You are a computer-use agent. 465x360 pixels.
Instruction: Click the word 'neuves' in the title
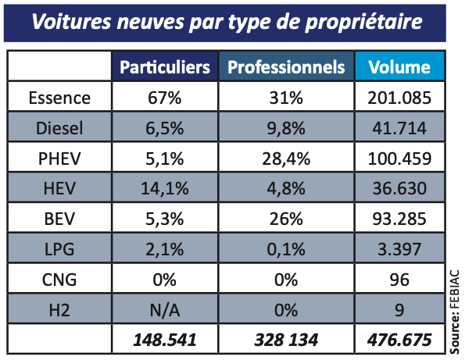pyautogui.click(x=150, y=22)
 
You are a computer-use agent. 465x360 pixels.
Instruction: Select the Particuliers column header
pyautogui.click(x=165, y=67)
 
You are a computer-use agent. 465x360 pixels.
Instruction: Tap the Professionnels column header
pyautogui.click(x=286, y=67)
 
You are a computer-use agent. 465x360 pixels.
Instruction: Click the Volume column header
pyautogui.click(x=399, y=67)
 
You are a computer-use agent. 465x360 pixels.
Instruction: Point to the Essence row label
pyautogui.click(x=59, y=98)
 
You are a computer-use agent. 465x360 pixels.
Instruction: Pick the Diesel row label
pyautogui.click(x=59, y=128)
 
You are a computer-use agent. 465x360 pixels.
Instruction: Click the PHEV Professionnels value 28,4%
pyautogui.click(x=286, y=159)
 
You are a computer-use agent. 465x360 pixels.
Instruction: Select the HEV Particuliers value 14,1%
pyautogui.click(x=165, y=188)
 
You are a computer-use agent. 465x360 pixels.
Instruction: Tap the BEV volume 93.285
pyautogui.click(x=399, y=219)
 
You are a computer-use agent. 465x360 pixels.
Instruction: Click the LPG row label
pyautogui.click(x=59, y=249)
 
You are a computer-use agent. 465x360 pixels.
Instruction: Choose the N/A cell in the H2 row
pyautogui.click(x=165, y=310)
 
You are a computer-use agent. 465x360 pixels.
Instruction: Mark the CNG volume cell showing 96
pyautogui.click(x=399, y=280)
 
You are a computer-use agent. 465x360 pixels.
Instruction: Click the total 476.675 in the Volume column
pyautogui.click(x=399, y=340)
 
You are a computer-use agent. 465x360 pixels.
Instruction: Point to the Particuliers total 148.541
pyautogui.click(x=165, y=340)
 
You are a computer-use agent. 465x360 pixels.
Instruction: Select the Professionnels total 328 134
pyautogui.click(x=286, y=340)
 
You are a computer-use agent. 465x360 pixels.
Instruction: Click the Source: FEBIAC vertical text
pyautogui.click(x=455, y=312)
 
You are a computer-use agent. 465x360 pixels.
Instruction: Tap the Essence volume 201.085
pyautogui.click(x=399, y=98)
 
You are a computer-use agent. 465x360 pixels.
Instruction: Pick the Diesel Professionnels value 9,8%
pyautogui.click(x=286, y=128)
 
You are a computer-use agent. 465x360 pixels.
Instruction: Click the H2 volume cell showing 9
pyautogui.click(x=399, y=310)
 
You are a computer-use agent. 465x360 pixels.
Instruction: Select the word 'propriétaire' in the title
pyautogui.click(x=363, y=22)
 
